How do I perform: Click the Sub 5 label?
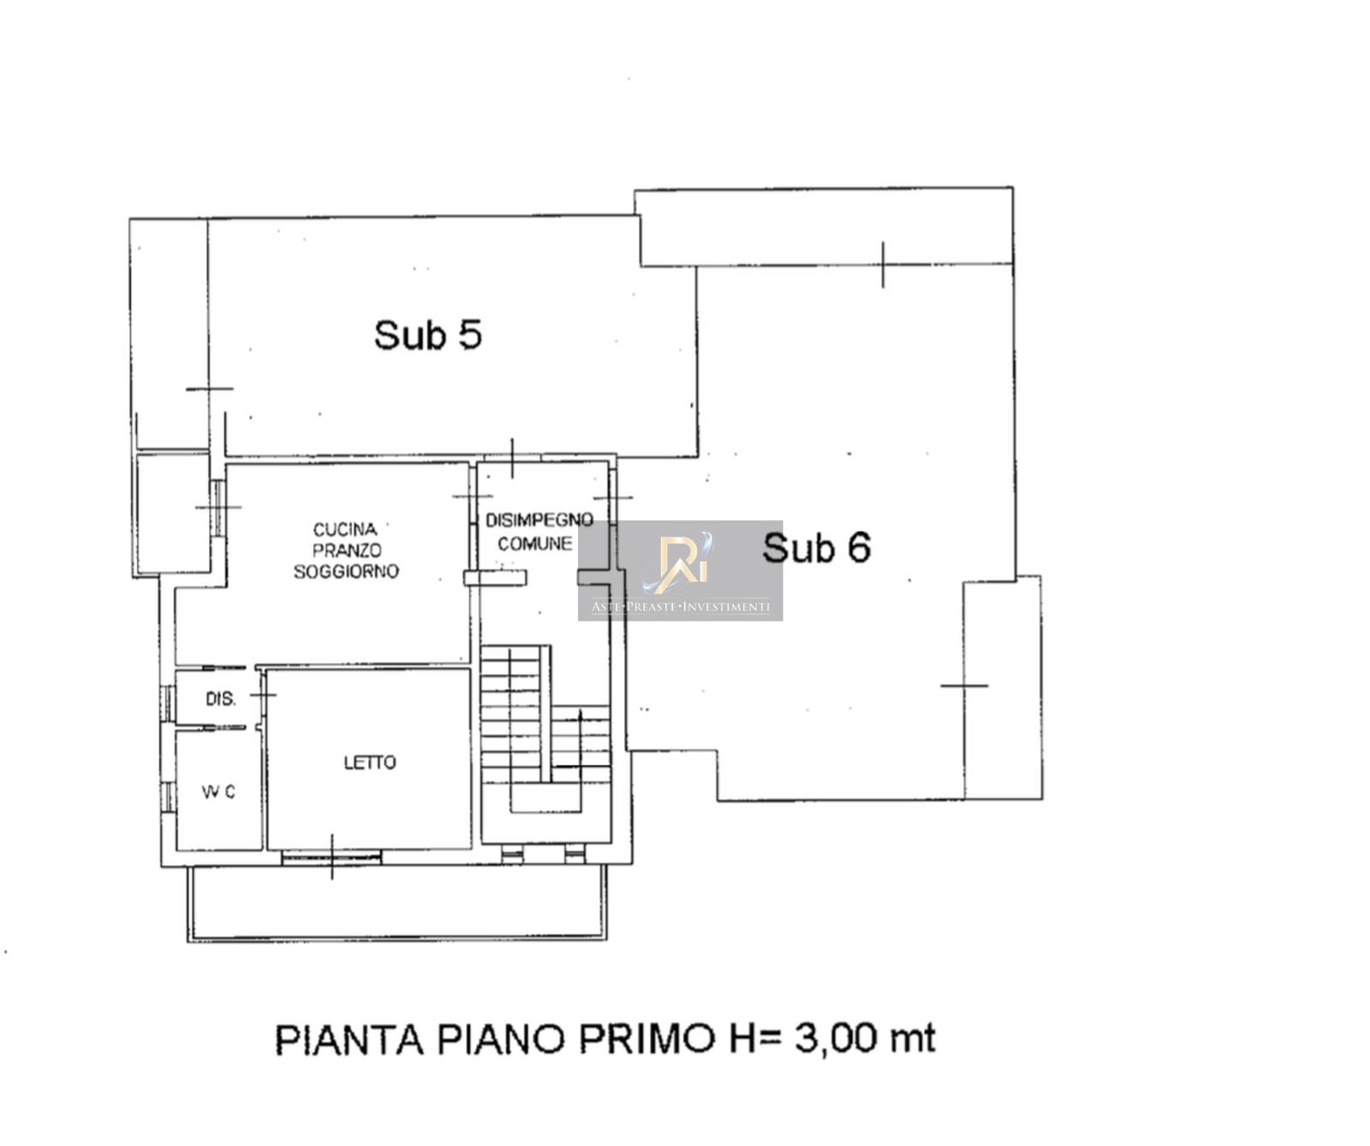coord(427,334)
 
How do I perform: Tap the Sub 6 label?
coord(816,547)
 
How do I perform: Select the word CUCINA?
coord(345,530)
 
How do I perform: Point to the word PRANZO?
coord(347,550)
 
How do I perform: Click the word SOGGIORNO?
coord(346,571)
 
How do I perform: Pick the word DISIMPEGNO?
coord(539,520)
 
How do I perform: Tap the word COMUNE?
coord(535,543)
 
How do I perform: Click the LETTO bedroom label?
coord(370,762)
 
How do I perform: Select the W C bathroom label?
coord(218,793)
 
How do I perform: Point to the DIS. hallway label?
coord(221,698)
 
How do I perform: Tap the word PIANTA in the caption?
coord(349,1039)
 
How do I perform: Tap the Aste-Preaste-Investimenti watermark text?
coord(681,607)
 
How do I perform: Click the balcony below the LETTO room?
coord(397,905)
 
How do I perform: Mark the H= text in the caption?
coord(757,1039)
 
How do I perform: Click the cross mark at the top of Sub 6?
coord(883,264)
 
